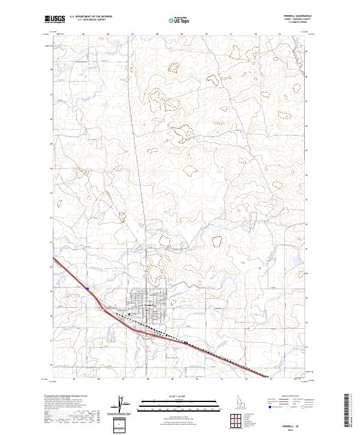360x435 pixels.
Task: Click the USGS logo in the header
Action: tap(56, 20)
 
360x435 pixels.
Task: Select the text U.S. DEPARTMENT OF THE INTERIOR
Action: tap(91, 17)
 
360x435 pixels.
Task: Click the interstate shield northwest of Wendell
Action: tap(88, 289)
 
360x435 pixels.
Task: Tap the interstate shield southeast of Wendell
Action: tap(186, 344)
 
